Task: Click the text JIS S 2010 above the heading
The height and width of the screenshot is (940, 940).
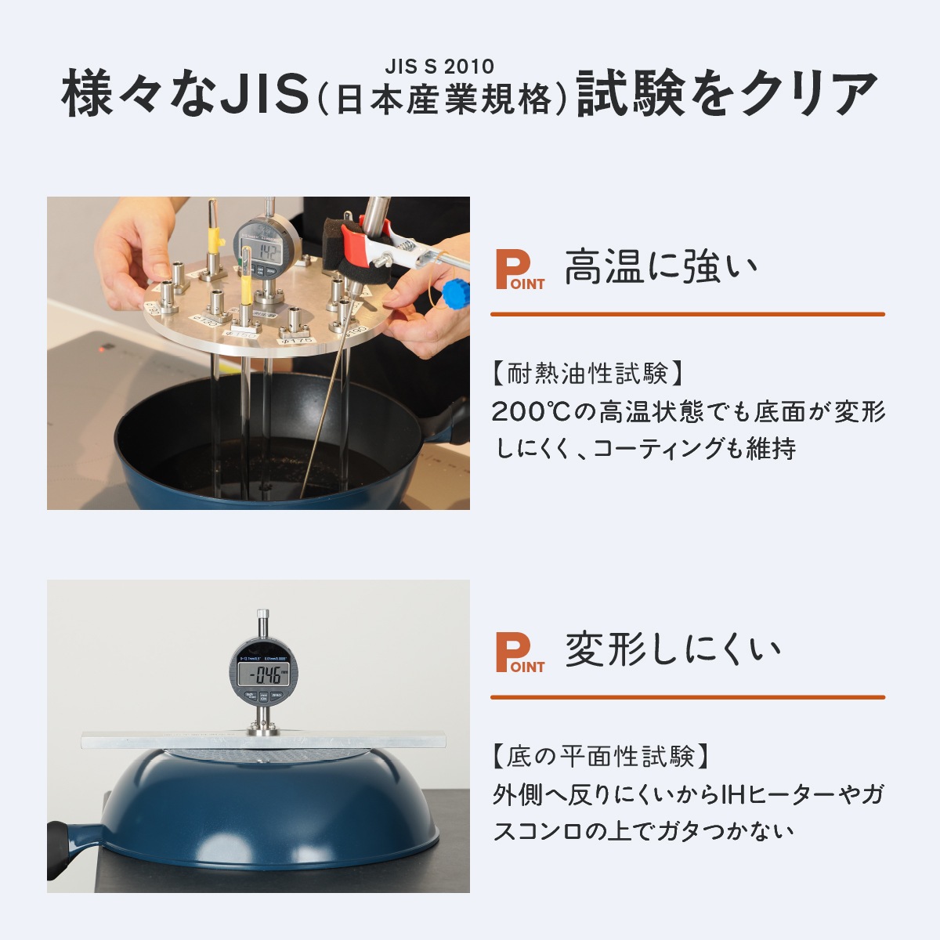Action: pyautogui.click(x=439, y=67)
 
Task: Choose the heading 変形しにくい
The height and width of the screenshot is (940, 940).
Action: pyautogui.click(x=673, y=650)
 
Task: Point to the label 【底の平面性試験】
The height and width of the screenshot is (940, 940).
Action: pyautogui.click(x=602, y=757)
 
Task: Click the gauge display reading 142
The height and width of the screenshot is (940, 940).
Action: pyautogui.click(x=268, y=252)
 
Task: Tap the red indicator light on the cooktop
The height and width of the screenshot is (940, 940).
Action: pyautogui.click(x=102, y=347)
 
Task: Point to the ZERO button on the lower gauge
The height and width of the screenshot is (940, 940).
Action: pyautogui.click(x=277, y=696)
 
